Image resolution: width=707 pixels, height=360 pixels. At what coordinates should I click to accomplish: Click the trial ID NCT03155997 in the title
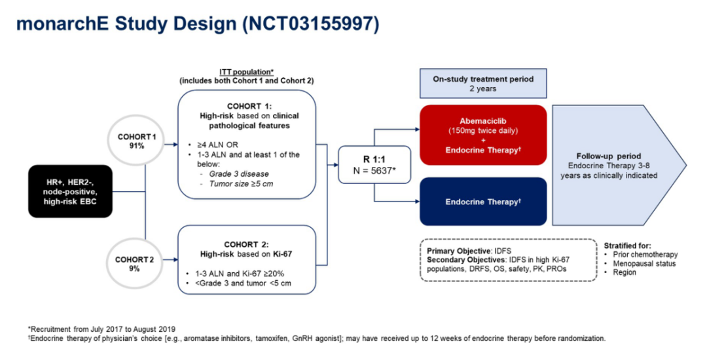[311, 24]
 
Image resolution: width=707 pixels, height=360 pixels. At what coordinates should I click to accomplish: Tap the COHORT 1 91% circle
[137, 141]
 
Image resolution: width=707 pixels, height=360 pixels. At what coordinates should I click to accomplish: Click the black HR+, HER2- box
[70, 192]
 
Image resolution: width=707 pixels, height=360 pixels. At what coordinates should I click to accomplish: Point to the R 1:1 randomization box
[375, 165]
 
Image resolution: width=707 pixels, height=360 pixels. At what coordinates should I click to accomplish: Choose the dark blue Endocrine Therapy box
[482, 202]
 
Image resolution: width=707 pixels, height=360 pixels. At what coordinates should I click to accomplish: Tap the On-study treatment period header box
[483, 83]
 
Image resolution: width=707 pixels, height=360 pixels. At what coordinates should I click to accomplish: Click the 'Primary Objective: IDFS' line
[469, 251]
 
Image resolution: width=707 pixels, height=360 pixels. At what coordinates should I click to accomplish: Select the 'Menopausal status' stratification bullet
[645, 264]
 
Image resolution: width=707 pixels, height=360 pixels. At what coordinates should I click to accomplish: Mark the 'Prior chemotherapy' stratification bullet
[645, 255]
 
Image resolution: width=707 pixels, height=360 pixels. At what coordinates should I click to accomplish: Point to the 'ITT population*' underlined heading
[246, 71]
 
